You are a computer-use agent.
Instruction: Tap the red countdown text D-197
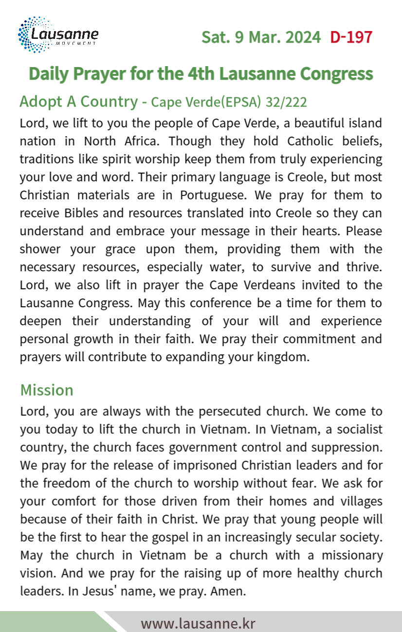pos(351,37)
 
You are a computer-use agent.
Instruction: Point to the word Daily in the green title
pos(48,74)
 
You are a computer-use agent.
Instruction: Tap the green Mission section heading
pos(47,390)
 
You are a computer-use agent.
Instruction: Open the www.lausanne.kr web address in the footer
pos(198,623)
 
